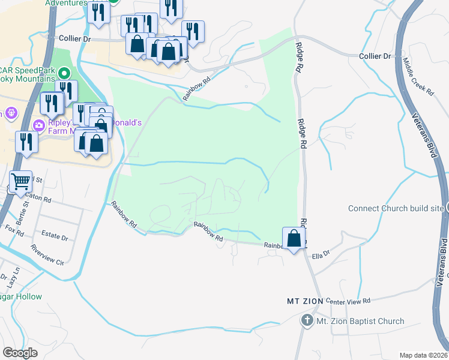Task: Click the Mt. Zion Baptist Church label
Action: [x=360, y=321]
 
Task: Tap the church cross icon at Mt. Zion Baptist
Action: [x=307, y=321]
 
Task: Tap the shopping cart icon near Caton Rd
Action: [x=21, y=181]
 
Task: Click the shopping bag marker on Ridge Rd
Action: [x=294, y=238]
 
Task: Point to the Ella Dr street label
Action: [x=321, y=254]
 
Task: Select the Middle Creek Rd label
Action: [x=418, y=75]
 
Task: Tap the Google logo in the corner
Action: [x=20, y=353]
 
